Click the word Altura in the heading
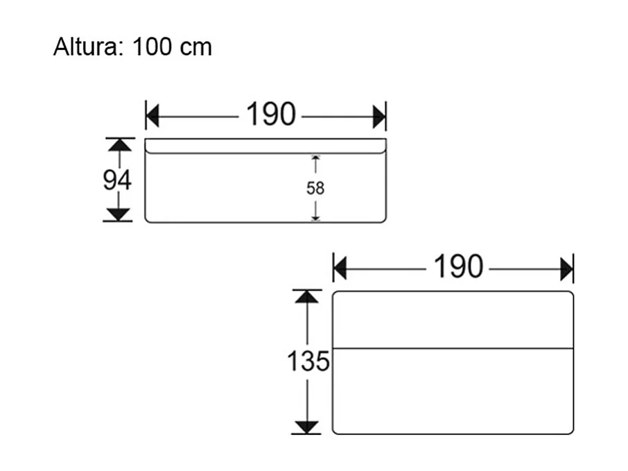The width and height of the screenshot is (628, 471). [x=85, y=46]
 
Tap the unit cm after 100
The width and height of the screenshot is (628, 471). [x=196, y=49]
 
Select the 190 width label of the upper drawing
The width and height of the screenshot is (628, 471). [x=271, y=114]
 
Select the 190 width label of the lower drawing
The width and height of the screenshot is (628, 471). [x=459, y=266]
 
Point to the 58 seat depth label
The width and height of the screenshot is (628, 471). [x=315, y=188]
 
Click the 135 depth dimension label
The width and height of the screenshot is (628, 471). [x=308, y=361]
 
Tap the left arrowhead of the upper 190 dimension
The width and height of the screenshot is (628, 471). [x=152, y=117]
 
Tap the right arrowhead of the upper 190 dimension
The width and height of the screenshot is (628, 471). [x=379, y=117]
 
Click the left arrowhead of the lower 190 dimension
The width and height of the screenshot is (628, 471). [x=340, y=269]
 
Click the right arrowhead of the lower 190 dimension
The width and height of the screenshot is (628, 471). [x=567, y=269]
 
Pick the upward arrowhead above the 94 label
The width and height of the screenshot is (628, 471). [x=119, y=145]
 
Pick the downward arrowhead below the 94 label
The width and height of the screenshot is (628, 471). [x=119, y=214]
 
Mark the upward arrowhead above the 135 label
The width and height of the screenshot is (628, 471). [x=307, y=297]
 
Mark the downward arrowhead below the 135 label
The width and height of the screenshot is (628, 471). [x=306, y=427]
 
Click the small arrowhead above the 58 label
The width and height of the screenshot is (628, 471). [x=315, y=158]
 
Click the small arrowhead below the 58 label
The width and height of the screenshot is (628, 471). [x=315, y=218]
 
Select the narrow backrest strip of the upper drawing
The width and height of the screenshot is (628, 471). [x=265, y=146]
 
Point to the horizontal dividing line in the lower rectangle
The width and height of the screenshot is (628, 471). [x=453, y=348]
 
